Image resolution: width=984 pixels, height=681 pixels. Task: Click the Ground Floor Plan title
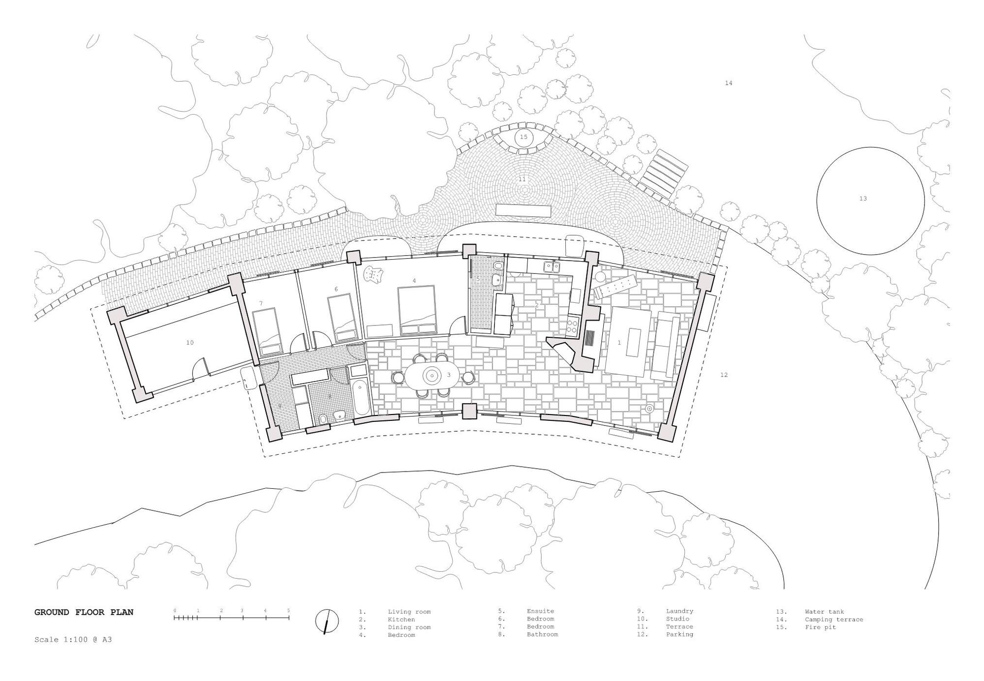point(84,612)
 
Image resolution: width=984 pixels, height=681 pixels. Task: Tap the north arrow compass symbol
point(327,622)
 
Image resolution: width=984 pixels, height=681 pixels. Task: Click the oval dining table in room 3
point(432,376)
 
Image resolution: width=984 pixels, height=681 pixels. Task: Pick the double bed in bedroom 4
point(417,311)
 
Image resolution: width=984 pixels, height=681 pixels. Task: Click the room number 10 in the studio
point(190,343)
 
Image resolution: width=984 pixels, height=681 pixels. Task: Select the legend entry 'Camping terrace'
point(834,620)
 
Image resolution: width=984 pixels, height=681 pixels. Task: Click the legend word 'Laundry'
point(679,611)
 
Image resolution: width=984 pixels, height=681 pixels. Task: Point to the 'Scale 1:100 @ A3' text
point(73,640)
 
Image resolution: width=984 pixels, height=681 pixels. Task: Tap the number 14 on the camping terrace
point(729,83)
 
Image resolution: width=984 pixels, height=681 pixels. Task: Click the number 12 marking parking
point(724,375)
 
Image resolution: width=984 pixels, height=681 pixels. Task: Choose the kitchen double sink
point(551,266)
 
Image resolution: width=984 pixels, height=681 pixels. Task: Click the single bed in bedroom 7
point(268,332)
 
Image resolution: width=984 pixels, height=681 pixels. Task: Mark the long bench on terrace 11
point(523,210)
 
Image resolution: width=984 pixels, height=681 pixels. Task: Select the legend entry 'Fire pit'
point(821,627)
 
